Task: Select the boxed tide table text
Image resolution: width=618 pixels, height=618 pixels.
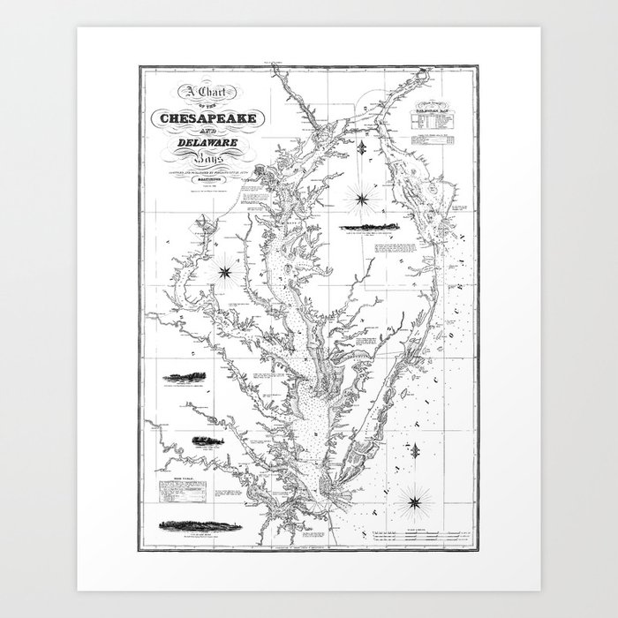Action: pos(177,492)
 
